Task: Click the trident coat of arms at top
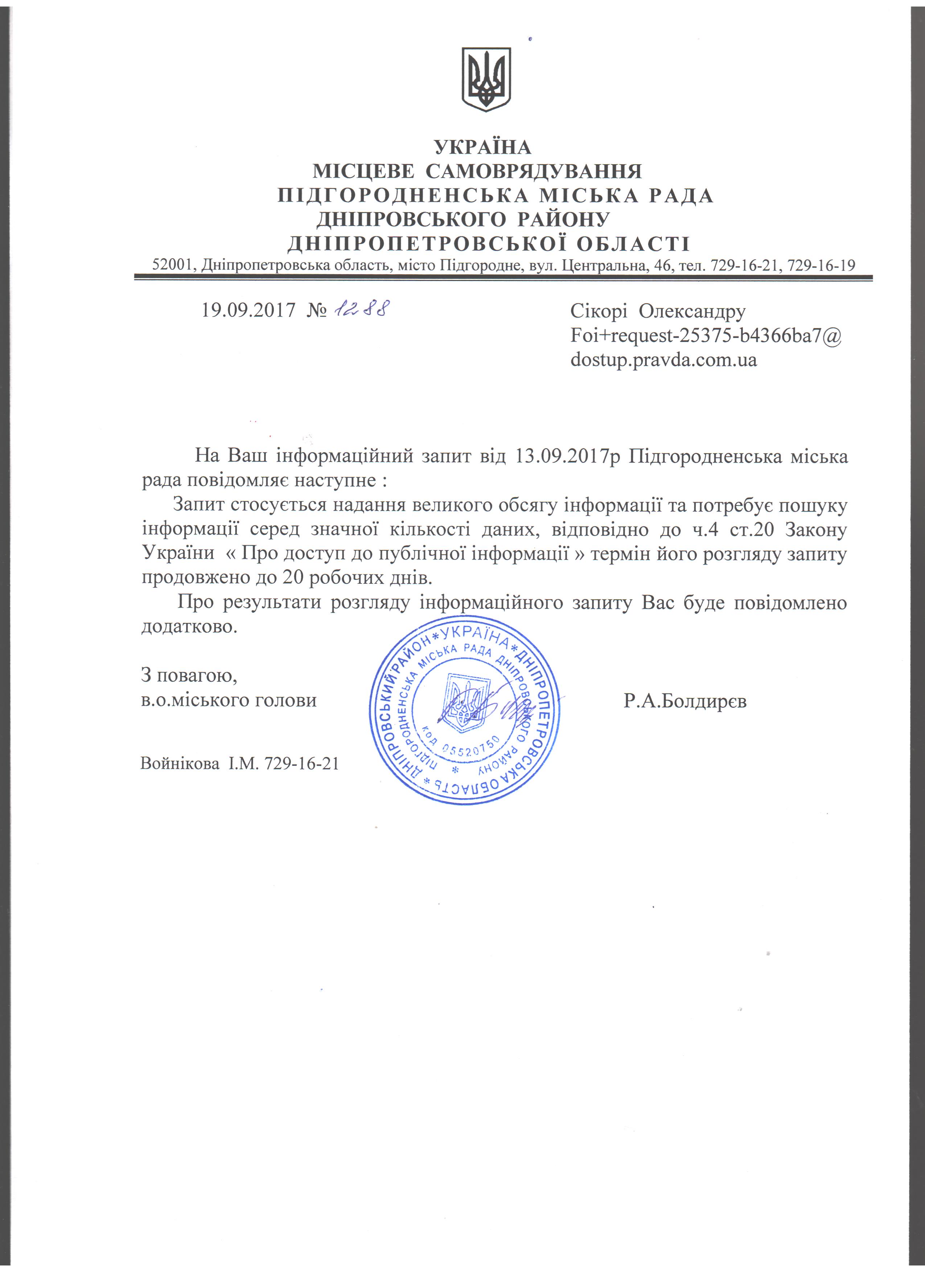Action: [x=486, y=79]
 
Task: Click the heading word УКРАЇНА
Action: [x=482, y=148]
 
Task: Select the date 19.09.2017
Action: [x=248, y=310]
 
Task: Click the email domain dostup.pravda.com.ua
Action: [x=663, y=359]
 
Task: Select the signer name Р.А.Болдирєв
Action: [x=684, y=701]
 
